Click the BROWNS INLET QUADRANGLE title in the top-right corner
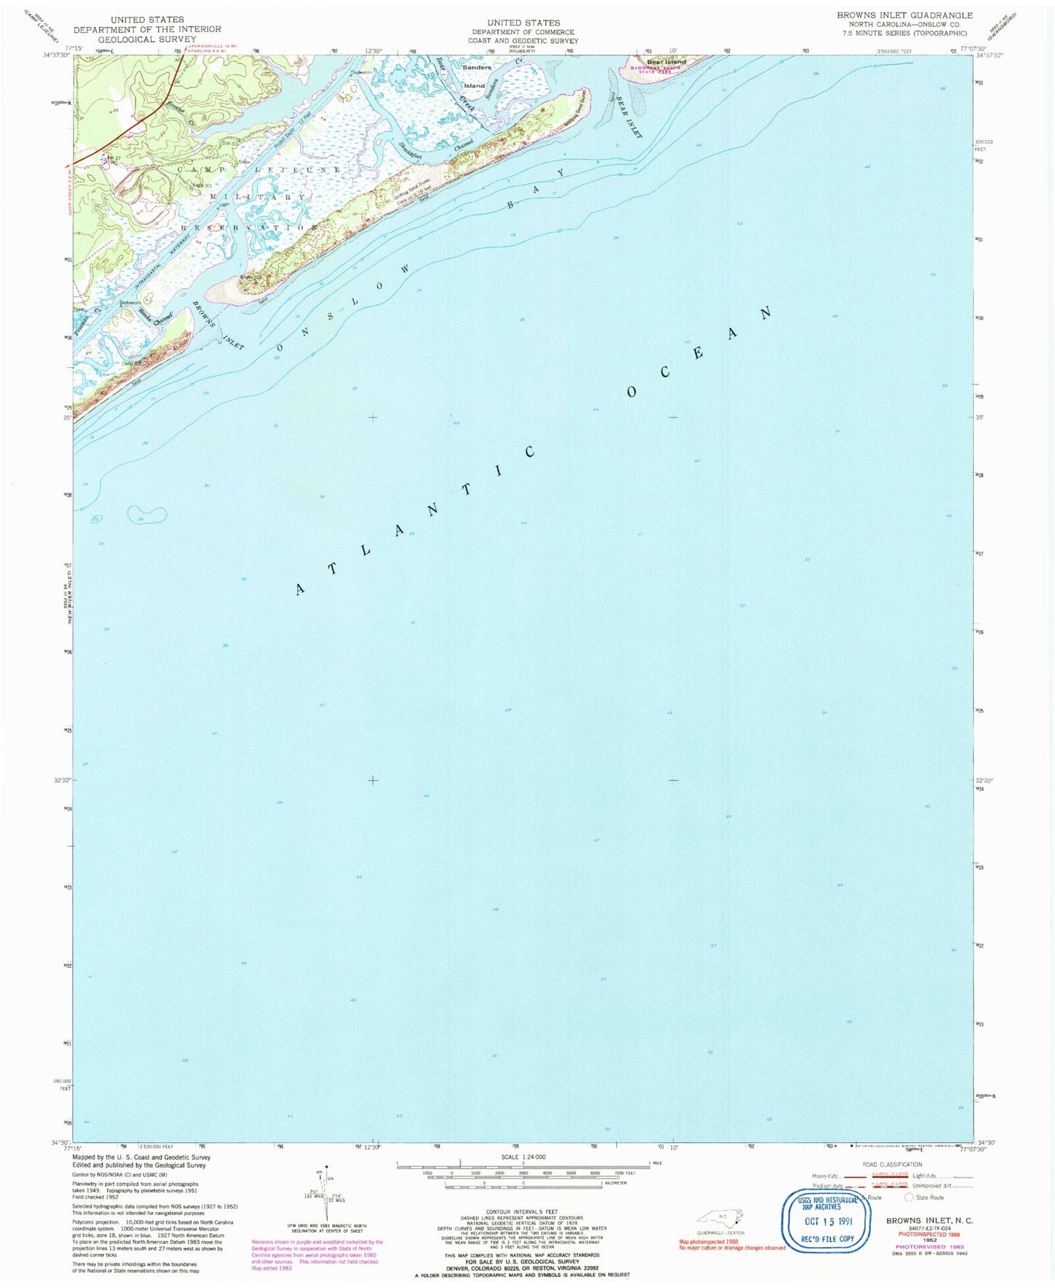point(904,15)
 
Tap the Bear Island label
point(667,62)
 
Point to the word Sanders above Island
point(477,67)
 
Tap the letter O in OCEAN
point(631,393)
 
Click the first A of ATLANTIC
point(300,589)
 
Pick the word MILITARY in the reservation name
point(258,198)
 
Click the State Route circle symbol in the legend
point(909,1198)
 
